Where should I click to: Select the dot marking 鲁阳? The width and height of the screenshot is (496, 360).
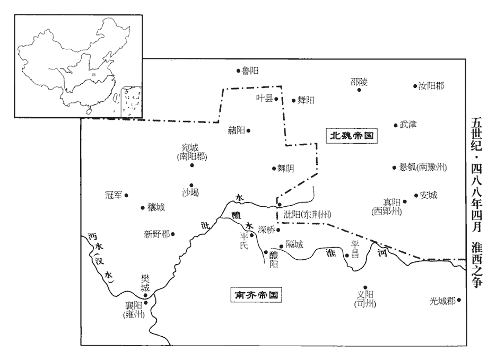[238, 70]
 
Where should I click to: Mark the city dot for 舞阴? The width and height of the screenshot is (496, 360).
[273, 168]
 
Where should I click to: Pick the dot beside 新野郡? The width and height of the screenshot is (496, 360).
[173, 233]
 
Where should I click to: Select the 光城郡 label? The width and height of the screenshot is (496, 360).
[442, 300]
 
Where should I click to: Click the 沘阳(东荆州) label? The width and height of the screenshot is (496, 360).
[308, 214]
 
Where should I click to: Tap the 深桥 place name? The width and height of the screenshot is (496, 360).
[266, 230]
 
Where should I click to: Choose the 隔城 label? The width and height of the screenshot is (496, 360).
[294, 244]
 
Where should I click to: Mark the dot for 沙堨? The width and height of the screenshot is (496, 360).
[192, 185]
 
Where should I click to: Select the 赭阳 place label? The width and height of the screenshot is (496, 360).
[236, 130]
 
